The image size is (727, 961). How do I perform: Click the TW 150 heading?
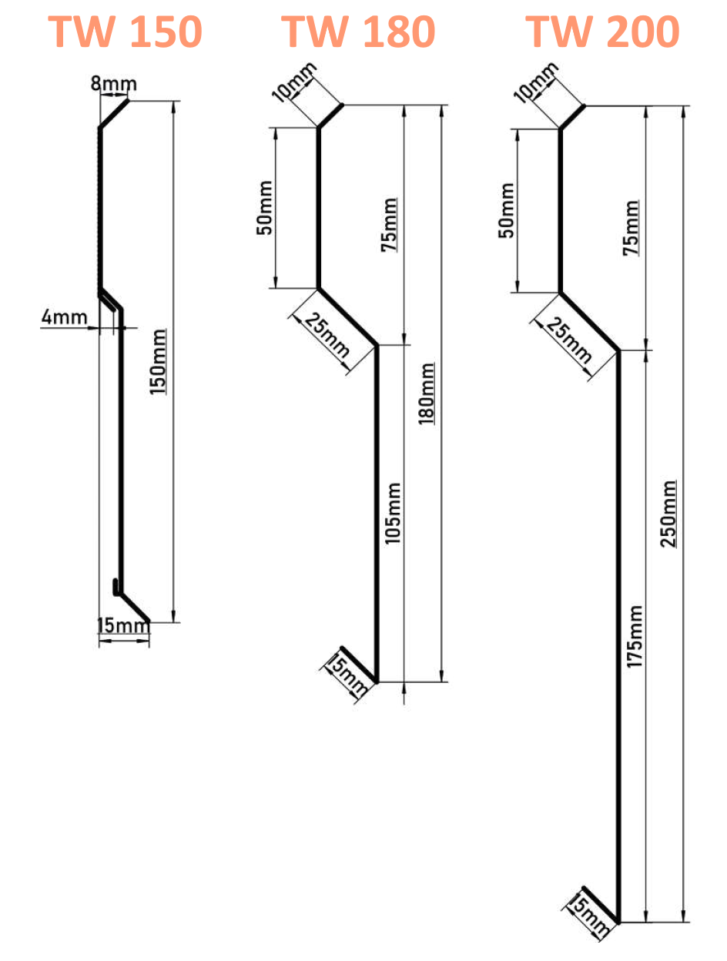point(125,31)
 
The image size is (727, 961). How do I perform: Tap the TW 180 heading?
point(357,31)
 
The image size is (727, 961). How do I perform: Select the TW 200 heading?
point(602,31)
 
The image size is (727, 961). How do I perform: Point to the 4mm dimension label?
point(59,316)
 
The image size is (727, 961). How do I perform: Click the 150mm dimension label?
point(158,362)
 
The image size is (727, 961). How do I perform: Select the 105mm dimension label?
point(393,514)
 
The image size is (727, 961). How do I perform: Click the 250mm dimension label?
point(670,514)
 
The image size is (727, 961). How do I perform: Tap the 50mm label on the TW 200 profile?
point(506,210)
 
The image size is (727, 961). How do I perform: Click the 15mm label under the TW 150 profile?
point(122,626)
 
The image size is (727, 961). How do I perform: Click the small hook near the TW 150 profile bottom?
point(116,587)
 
